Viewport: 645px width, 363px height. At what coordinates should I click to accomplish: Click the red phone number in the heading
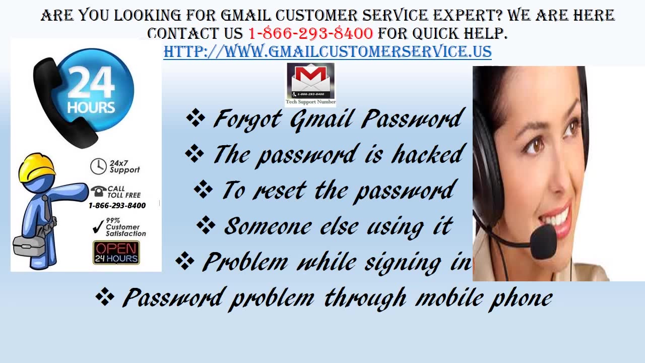310,34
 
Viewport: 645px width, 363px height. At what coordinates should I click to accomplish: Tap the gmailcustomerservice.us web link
328,51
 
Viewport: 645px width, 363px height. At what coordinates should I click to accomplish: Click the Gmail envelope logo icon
310,81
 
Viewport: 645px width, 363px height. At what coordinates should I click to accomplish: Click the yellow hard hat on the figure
36,167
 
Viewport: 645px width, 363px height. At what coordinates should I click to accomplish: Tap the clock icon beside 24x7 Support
98,166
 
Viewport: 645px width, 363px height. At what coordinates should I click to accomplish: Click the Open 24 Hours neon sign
116,253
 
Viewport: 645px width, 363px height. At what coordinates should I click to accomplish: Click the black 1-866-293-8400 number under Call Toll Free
117,206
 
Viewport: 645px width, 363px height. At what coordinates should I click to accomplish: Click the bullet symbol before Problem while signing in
185,261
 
